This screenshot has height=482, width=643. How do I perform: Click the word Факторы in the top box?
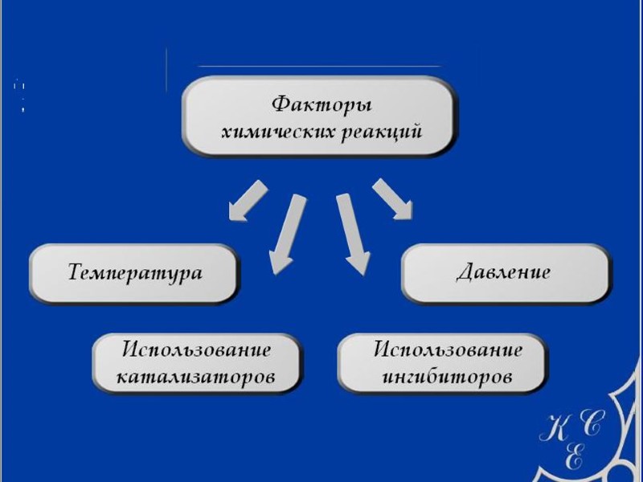pos(321,104)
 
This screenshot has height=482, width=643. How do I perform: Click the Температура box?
pos(134,273)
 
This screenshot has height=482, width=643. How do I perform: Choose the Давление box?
pos(504,272)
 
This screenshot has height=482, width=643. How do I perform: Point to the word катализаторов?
pos(196,376)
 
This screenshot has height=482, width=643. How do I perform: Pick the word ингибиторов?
pos(444,376)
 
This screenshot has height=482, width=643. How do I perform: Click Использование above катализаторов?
pos(196,350)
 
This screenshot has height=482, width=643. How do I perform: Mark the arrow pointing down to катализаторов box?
pos(286,234)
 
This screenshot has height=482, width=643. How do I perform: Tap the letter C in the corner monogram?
pos(592,426)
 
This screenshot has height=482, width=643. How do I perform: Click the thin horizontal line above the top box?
pos(319,66)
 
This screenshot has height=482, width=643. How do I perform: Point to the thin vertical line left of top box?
pos(166,70)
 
